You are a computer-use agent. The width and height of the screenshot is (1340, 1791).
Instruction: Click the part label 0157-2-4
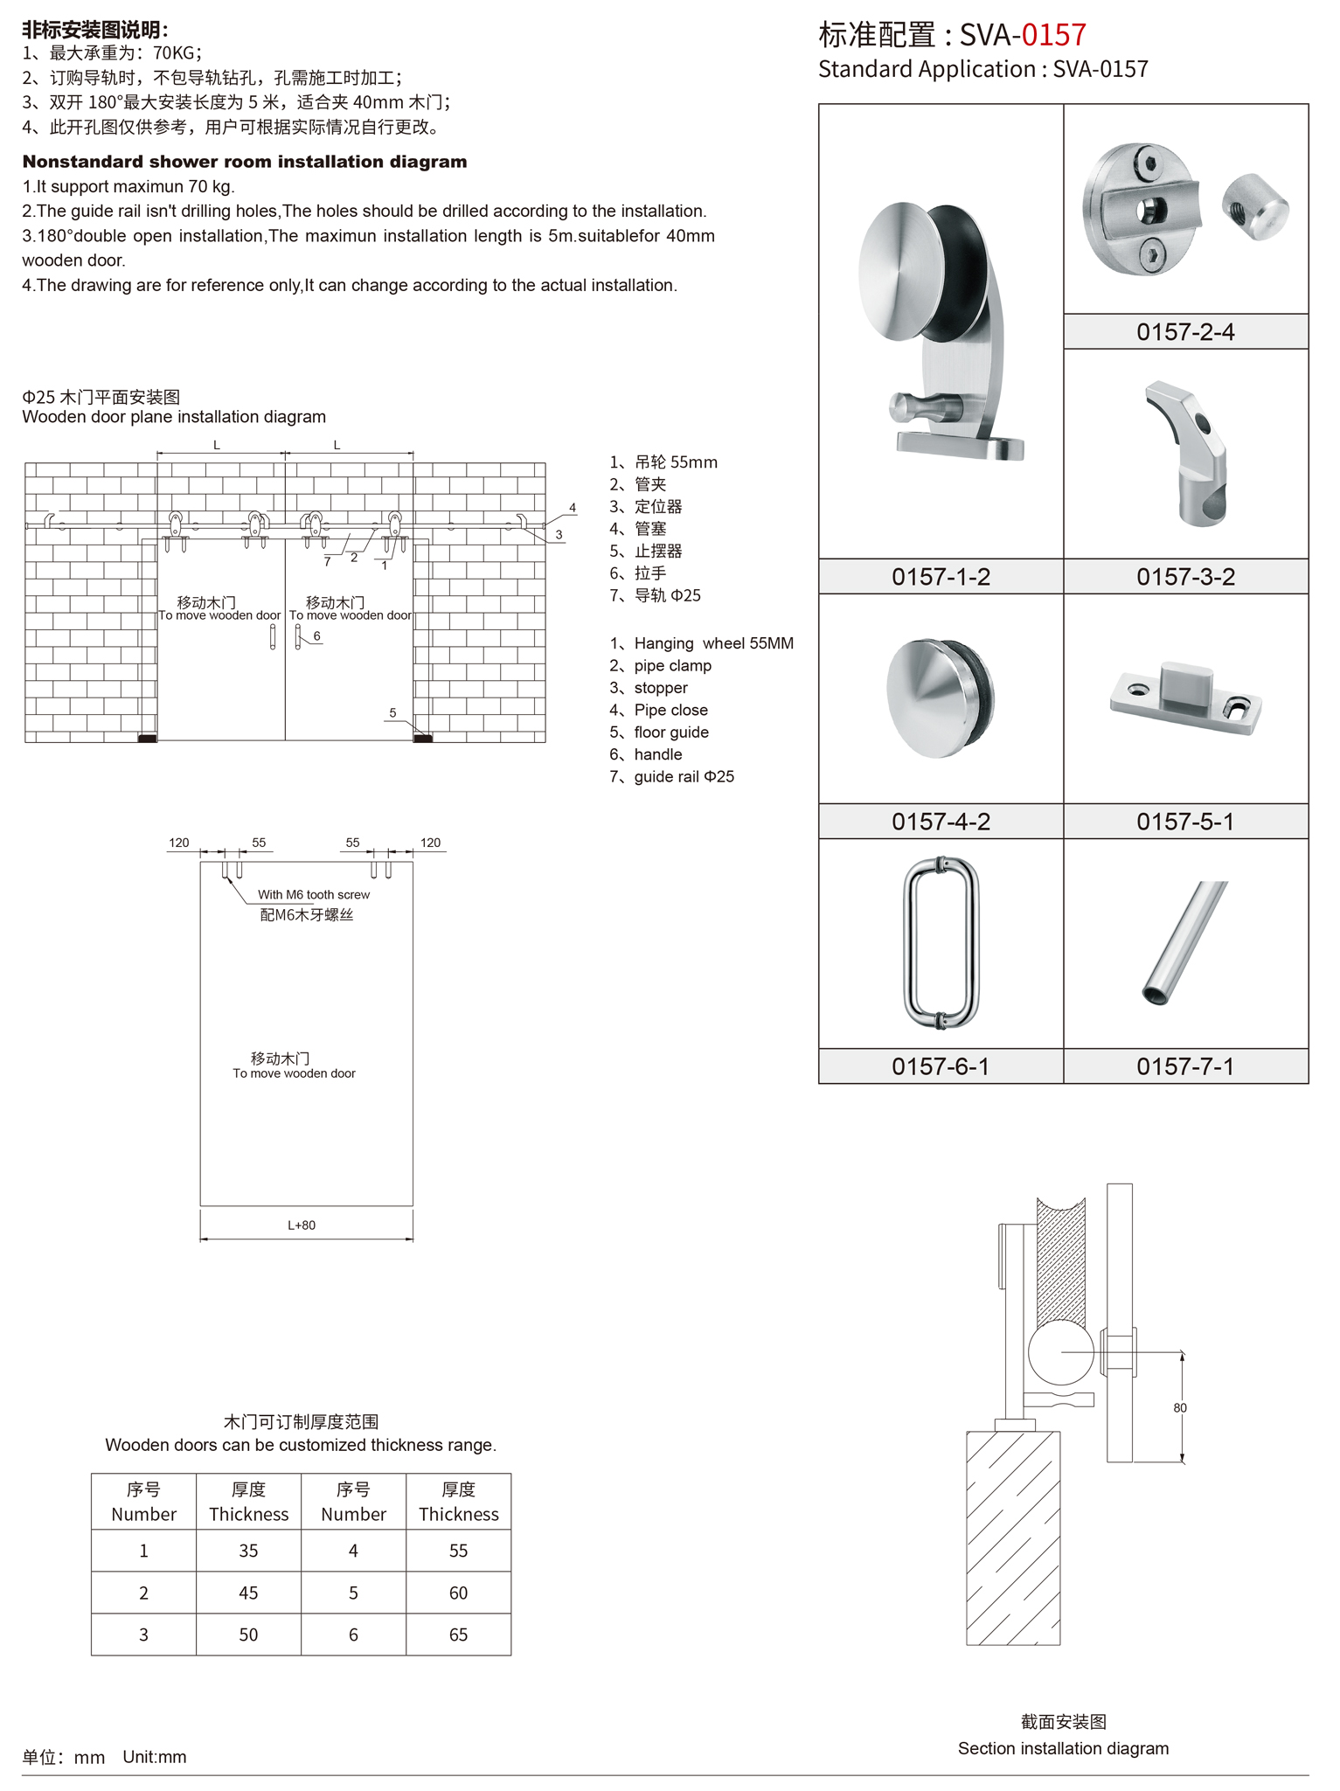click(x=1184, y=332)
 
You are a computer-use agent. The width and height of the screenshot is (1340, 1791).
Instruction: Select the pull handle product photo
click(x=941, y=942)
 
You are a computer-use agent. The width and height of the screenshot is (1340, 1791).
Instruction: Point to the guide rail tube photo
click(x=1185, y=942)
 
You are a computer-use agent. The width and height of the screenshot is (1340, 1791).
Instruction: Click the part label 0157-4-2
click(x=941, y=822)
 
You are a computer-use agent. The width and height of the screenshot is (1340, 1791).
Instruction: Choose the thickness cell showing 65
click(x=458, y=1634)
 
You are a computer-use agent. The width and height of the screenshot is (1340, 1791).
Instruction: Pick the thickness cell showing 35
click(x=248, y=1550)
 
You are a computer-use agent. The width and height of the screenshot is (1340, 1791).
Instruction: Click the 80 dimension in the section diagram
click(x=1180, y=1407)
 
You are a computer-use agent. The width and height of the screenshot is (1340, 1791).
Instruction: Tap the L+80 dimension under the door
click(x=302, y=1225)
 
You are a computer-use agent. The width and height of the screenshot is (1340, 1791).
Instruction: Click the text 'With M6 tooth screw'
click(x=313, y=894)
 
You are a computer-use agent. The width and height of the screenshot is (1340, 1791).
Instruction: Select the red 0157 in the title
click(x=1053, y=35)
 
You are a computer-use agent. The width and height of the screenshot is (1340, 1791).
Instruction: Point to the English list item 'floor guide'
click(x=670, y=732)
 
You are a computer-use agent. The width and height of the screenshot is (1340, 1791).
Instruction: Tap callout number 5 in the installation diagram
click(x=392, y=712)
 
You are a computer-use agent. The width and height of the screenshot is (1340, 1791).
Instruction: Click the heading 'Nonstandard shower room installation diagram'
click(x=245, y=162)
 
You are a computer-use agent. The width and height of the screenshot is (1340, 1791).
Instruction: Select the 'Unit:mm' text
click(x=155, y=1756)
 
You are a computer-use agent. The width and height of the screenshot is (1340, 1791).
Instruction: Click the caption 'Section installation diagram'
click(x=1063, y=1748)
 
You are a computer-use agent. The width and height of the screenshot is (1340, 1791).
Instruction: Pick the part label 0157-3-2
click(x=1185, y=577)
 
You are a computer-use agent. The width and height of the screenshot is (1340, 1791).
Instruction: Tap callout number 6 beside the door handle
click(x=316, y=635)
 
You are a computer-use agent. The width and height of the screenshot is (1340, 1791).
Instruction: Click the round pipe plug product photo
click(x=941, y=698)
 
